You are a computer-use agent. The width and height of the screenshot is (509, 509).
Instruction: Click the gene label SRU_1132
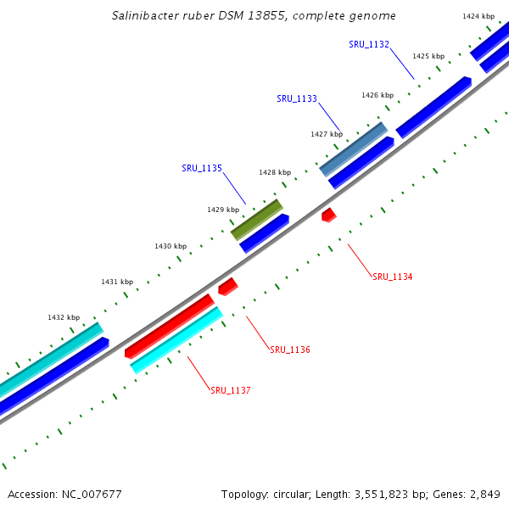point(368,44)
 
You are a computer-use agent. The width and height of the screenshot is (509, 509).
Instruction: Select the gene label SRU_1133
point(297,98)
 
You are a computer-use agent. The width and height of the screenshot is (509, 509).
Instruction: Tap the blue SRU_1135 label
point(202,168)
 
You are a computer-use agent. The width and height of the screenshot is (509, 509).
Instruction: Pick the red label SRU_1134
point(392,277)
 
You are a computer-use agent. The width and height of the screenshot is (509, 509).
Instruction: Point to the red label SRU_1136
point(290,350)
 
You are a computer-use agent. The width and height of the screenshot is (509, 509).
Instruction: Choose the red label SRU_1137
point(231,390)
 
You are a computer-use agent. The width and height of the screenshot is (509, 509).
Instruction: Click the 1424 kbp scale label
point(478,16)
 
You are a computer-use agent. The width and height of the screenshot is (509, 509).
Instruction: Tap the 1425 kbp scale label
point(428,56)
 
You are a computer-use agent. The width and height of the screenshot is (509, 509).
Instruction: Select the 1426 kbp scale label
point(378,95)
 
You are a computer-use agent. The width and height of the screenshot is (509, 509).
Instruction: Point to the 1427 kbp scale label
point(327,134)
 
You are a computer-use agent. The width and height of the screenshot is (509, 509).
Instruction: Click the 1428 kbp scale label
point(275,172)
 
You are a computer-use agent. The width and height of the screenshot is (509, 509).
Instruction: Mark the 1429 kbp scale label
point(223,209)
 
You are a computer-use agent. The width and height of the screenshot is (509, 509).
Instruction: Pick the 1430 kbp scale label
point(171,246)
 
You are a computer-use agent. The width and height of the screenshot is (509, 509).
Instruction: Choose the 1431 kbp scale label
point(117,282)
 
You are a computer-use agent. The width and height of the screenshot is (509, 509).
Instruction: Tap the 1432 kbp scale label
point(64,317)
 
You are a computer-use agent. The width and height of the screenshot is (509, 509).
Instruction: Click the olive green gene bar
point(257,219)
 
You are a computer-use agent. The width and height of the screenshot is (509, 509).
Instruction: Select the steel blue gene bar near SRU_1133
point(354,148)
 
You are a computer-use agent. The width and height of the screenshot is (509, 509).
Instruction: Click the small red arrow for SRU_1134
point(329,215)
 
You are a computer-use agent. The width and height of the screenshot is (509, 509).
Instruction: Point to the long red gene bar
point(170,326)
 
